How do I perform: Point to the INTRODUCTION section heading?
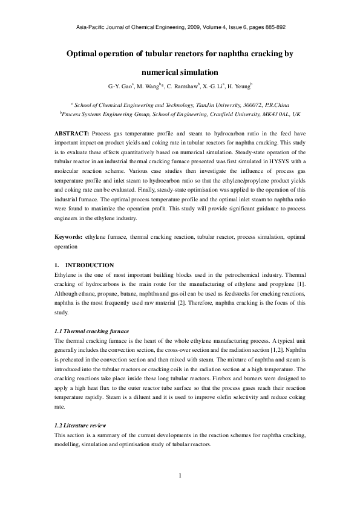click(89, 265)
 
